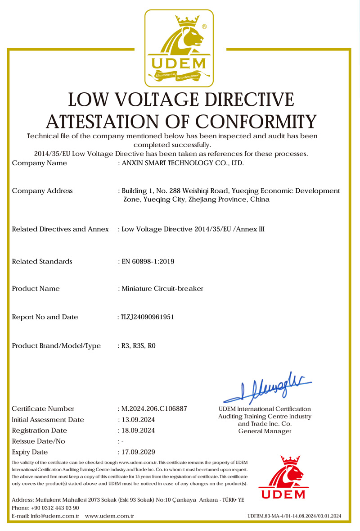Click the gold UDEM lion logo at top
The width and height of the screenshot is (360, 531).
[179, 48]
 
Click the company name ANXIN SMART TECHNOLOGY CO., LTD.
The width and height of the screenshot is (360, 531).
[183, 163]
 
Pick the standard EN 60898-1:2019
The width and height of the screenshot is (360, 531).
[148, 261]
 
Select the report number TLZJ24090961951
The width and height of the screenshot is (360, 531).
[147, 317]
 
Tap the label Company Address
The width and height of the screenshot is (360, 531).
[42, 191]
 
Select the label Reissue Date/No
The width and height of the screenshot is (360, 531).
[39, 441]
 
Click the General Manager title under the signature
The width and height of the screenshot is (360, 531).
[265, 431]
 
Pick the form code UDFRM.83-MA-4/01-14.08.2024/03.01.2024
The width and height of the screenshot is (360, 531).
[295, 516]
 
